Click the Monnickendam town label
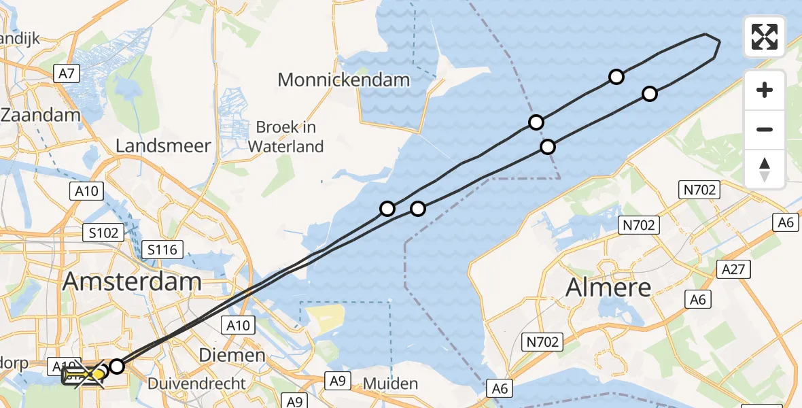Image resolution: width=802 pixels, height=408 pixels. [344, 80]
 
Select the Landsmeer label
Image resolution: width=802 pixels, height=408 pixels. [163, 146]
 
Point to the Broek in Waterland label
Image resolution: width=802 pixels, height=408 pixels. [285, 136]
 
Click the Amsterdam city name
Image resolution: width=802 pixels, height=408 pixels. [132, 282]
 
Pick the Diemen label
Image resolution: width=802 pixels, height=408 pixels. [232, 355]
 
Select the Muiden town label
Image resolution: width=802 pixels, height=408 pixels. [391, 384]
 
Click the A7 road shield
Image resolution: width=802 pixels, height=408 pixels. [66, 73]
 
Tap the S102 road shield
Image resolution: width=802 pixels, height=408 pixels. [103, 233]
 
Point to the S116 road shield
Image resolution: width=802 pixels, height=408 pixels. [162, 250]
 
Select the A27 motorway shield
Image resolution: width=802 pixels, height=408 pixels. [735, 269]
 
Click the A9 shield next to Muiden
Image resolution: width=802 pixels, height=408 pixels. [338, 381]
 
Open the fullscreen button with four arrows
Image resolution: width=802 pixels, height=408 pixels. [765, 37]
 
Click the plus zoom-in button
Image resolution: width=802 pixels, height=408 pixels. [765, 90]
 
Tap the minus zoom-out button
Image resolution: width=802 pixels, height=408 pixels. [765, 129]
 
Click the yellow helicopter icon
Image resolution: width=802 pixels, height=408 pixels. [83, 375]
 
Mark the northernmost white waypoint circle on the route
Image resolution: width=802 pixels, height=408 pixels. [616, 77]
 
